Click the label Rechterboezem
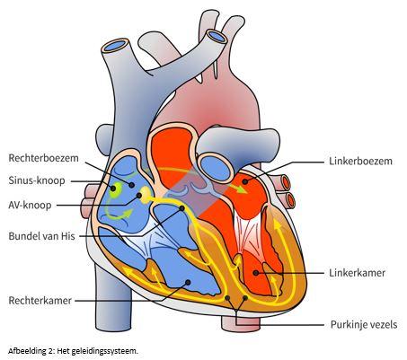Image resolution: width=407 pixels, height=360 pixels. pyautogui.click(x=43, y=158)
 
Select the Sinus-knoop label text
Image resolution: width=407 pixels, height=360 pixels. pyautogui.click(x=37, y=180)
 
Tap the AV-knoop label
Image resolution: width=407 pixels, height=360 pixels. pyautogui.click(x=30, y=206)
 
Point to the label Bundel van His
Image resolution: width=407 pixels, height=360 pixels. pyautogui.click(x=41, y=236)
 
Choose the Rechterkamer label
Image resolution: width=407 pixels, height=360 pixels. pyautogui.click(x=40, y=301)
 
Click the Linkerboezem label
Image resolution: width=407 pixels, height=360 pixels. pyautogui.click(x=360, y=161)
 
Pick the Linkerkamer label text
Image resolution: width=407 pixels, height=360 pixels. pyautogui.click(x=357, y=273)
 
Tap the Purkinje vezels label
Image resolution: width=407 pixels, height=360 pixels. pyautogui.click(x=364, y=325)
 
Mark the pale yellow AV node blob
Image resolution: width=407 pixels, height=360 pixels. pyautogui.click(x=146, y=195)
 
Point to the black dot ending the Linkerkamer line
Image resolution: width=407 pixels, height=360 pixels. pyautogui.click(x=255, y=273)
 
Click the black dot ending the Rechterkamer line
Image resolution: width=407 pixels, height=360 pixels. pyautogui.click(x=188, y=282)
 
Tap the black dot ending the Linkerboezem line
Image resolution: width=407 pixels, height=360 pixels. pyautogui.click(x=245, y=181)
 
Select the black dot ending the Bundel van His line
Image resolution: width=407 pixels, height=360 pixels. pyautogui.click(x=181, y=208)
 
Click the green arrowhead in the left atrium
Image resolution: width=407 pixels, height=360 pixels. pyautogui.click(x=242, y=189)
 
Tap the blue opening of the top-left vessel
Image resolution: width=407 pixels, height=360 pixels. pyautogui.click(x=115, y=46)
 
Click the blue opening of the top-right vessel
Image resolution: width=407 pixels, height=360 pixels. pyautogui.click(x=217, y=36)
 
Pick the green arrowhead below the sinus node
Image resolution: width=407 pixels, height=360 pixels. pyautogui.click(x=127, y=214)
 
